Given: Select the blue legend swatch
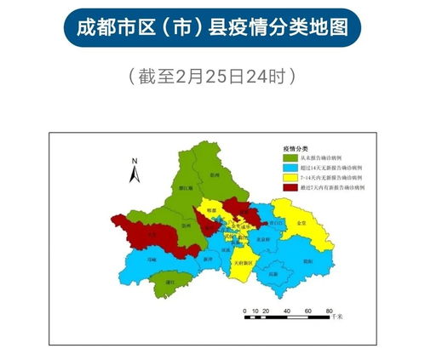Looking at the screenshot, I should tap(290, 168).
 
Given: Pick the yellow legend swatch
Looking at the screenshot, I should tap(290, 177).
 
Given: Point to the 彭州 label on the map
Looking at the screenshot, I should tap(215, 174).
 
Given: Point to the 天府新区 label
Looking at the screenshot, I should tap(244, 264).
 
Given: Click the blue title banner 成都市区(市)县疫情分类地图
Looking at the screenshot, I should tap(212, 28).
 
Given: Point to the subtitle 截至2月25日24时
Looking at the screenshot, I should tap(212, 76).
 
